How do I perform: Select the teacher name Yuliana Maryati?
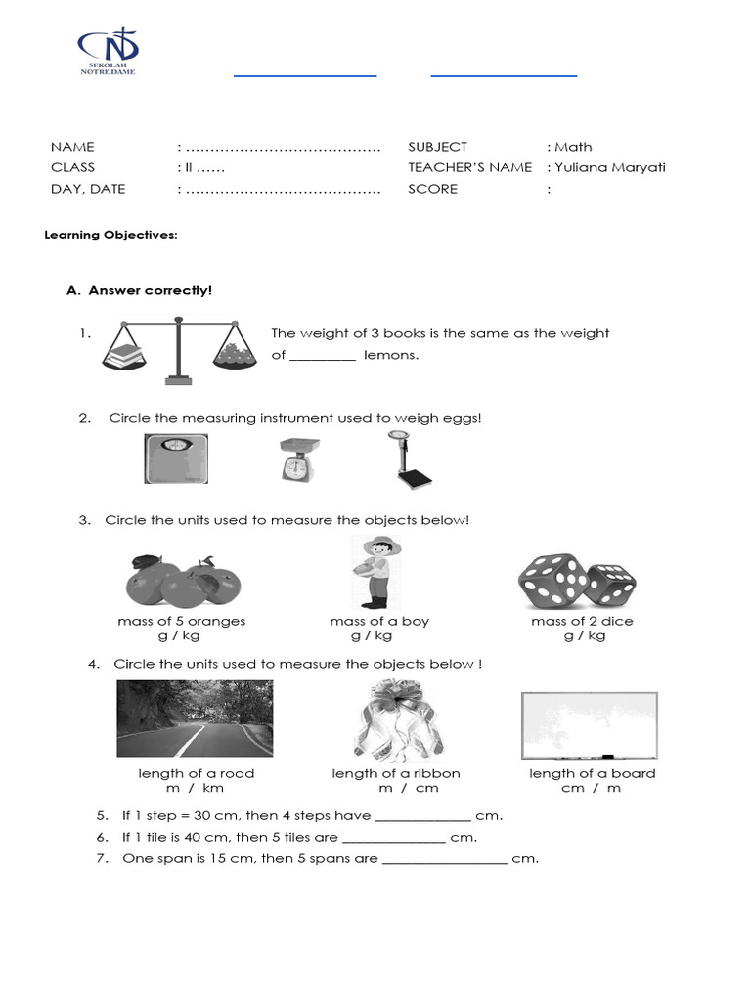pyautogui.click(x=610, y=167)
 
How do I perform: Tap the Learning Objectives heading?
pyautogui.click(x=113, y=236)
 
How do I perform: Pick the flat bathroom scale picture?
pyautogui.click(x=177, y=458)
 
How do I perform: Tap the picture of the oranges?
pyautogui.click(x=183, y=581)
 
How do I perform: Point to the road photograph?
pyautogui.click(x=195, y=719)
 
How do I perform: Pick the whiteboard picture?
pyautogui.click(x=590, y=725)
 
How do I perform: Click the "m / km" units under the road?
pyautogui.click(x=195, y=788)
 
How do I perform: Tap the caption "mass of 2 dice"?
pyautogui.click(x=582, y=621)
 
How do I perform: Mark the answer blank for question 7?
pyautogui.click(x=444, y=860)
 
